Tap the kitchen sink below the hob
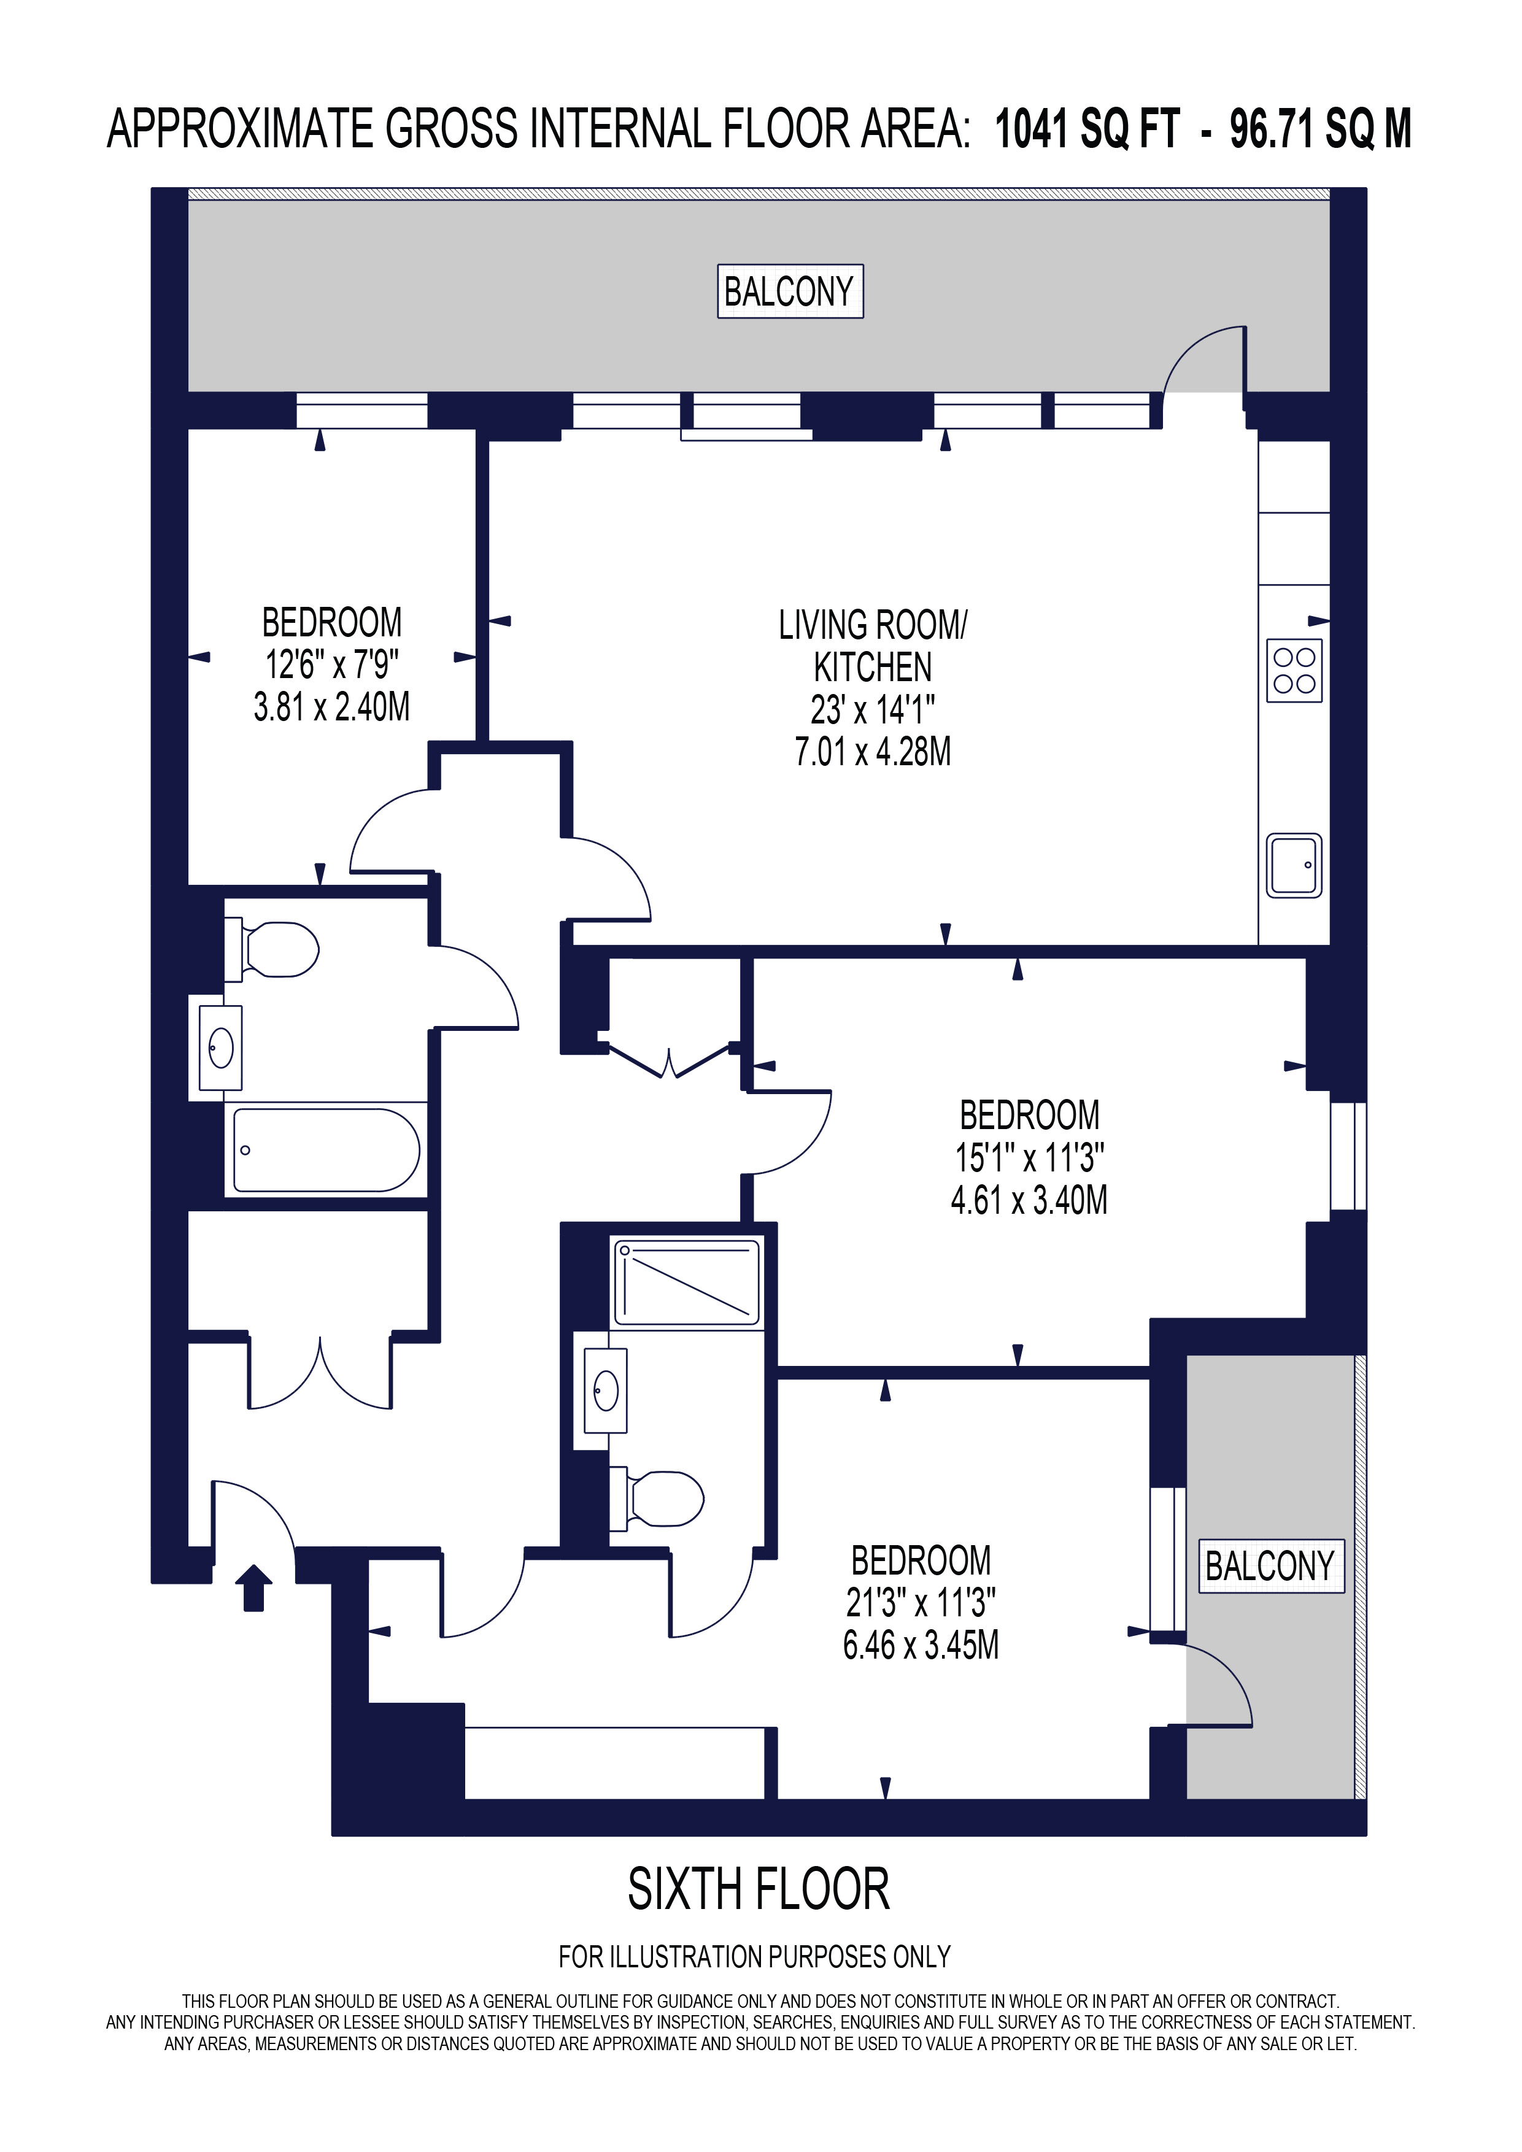1294,865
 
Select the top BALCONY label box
790,291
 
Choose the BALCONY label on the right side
1271,1566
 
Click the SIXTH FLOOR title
758,1889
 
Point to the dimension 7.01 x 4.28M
873,752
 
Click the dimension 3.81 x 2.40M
332,707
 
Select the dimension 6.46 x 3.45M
921,1645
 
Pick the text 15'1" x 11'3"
1029,1159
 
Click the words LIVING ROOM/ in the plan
873,625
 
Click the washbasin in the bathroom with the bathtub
221,1048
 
